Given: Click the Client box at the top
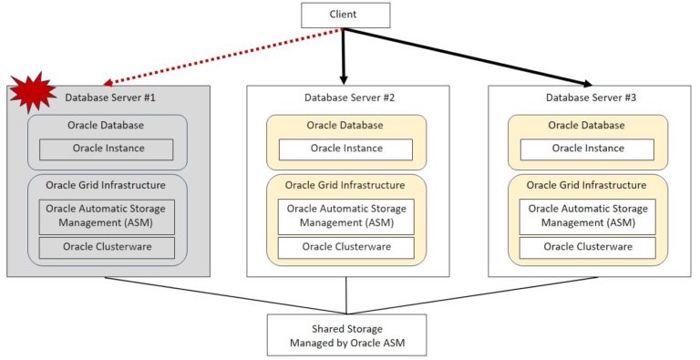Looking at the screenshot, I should click(x=345, y=15).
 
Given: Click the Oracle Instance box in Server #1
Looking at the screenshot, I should click(x=106, y=149).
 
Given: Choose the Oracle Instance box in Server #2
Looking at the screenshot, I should click(x=346, y=149).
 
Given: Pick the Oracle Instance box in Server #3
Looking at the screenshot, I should click(x=587, y=149).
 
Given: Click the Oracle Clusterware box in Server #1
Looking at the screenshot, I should click(x=106, y=247).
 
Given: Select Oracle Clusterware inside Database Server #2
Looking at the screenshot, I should click(x=346, y=247).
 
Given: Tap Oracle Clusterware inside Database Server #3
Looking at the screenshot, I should click(x=587, y=247).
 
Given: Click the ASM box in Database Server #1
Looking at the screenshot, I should click(x=106, y=216).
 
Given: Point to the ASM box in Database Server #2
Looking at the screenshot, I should click(x=346, y=216).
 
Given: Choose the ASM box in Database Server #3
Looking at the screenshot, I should click(x=587, y=216).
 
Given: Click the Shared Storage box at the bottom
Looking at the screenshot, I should click(x=346, y=334).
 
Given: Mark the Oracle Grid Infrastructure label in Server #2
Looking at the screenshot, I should click(x=346, y=185).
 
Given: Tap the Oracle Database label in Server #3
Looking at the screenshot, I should click(x=587, y=125).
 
